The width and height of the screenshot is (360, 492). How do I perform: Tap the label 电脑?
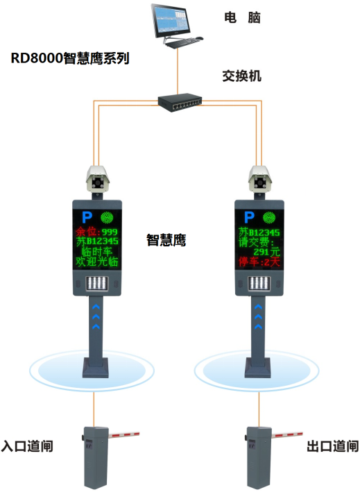242,17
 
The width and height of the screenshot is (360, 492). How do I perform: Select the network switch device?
180,102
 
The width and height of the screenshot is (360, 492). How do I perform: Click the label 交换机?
242,76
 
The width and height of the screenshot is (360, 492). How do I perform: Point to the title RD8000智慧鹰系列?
70,58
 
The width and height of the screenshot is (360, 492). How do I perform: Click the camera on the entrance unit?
98,178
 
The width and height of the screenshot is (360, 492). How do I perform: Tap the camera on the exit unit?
260,178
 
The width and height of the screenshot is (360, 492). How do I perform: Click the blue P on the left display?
87,217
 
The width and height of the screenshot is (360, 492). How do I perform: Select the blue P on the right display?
249,217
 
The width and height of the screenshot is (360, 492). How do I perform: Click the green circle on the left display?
107,217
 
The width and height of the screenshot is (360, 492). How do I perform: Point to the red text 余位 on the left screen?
86,232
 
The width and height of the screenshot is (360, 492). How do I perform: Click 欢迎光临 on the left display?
97,262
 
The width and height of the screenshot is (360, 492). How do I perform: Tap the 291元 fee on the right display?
266,252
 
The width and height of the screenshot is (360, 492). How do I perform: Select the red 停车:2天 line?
259,262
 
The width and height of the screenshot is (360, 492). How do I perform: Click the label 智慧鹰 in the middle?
166,240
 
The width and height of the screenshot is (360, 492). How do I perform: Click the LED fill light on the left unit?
97,284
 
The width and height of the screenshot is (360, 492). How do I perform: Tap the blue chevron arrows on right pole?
258,316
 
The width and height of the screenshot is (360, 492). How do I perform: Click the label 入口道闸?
27,446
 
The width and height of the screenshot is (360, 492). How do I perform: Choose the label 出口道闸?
332,446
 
